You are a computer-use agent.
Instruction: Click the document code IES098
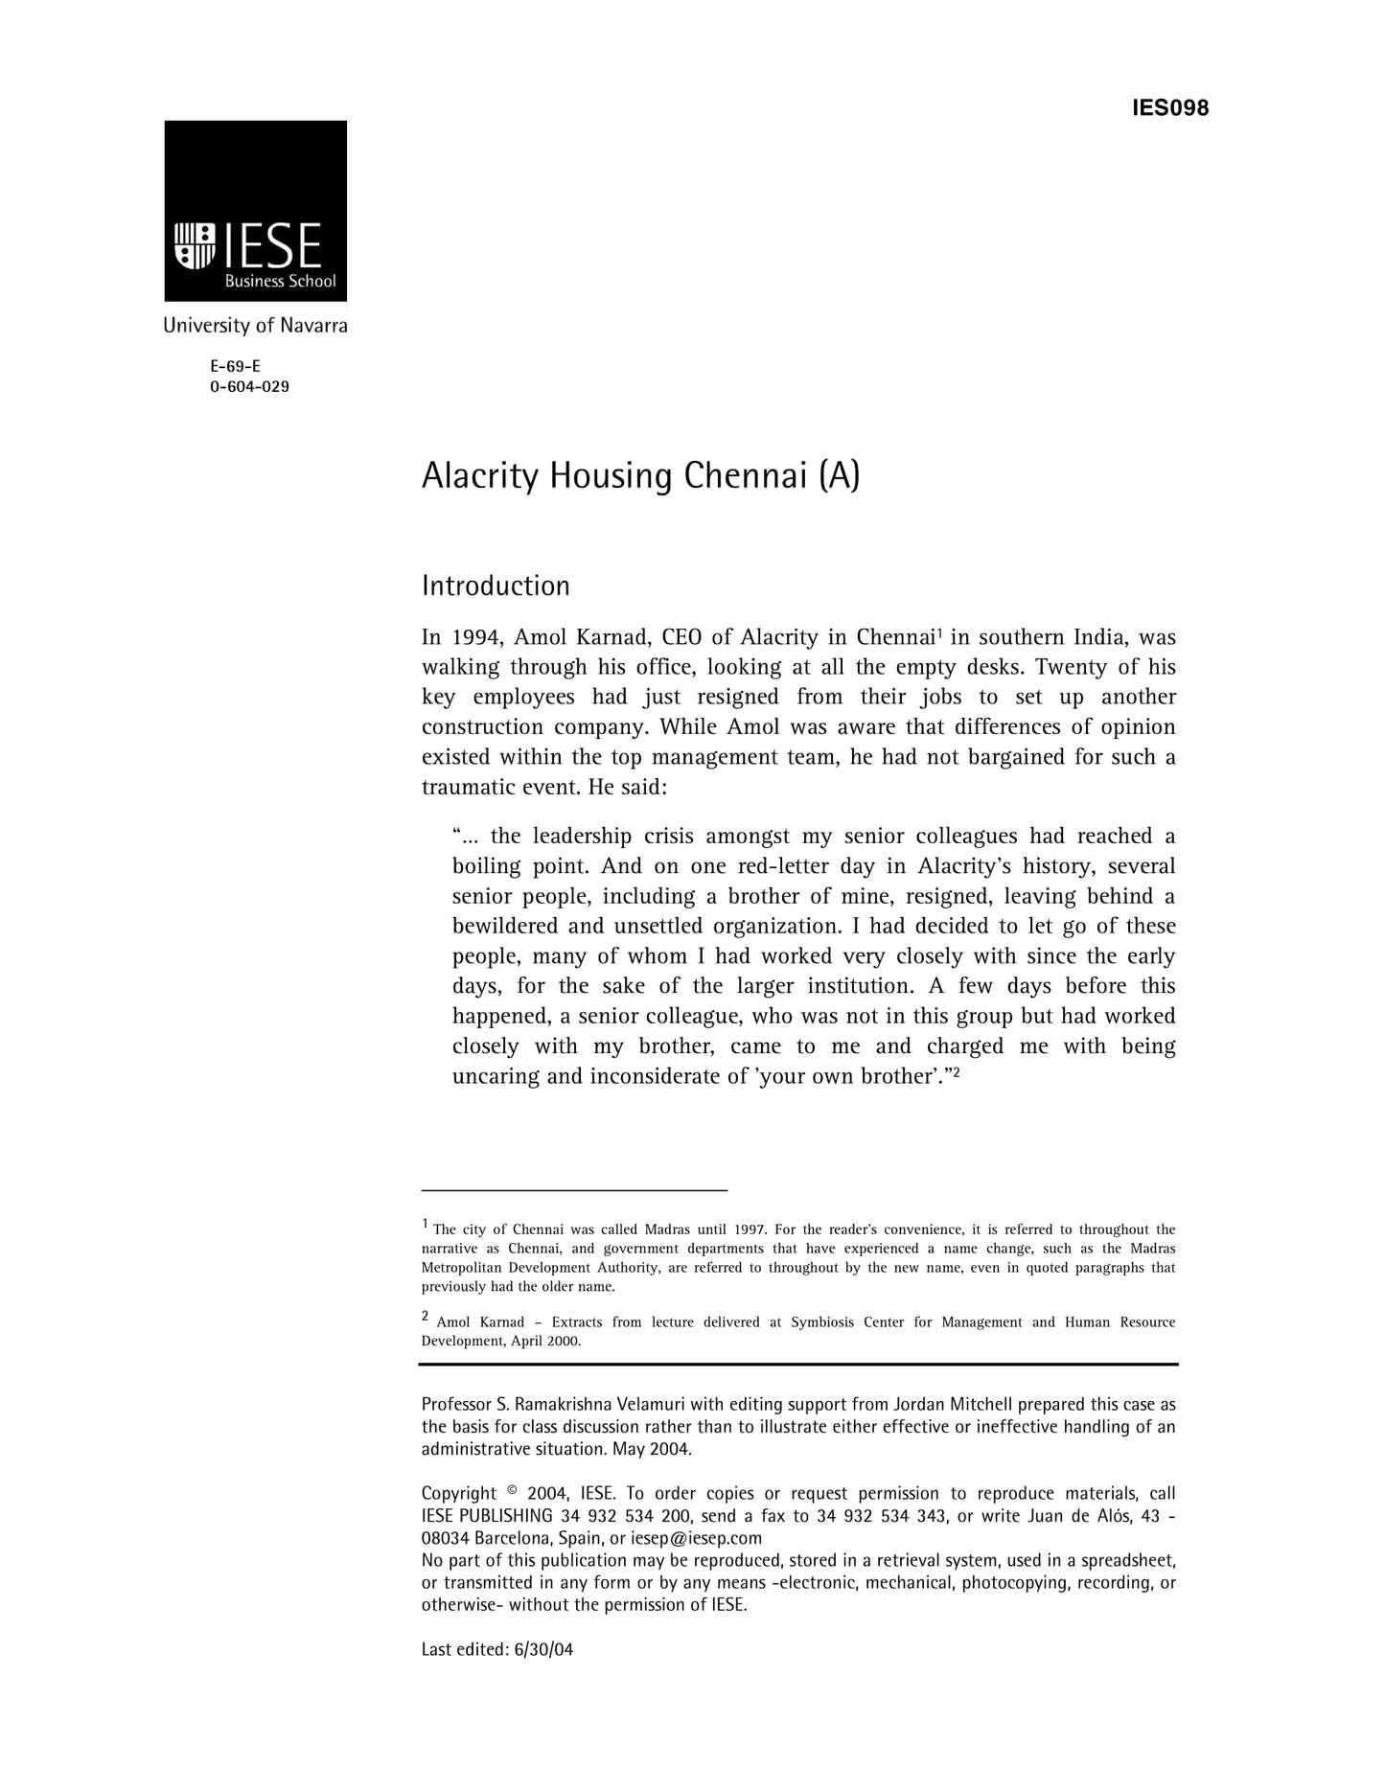coord(1169,108)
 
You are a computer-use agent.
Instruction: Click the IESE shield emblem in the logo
coord(194,245)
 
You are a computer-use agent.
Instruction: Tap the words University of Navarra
coord(255,326)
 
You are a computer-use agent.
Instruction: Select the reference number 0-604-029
coord(249,387)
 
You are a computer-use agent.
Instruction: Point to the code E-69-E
coord(235,366)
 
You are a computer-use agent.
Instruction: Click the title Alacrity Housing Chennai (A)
coord(640,476)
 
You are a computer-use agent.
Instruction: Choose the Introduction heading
coord(496,586)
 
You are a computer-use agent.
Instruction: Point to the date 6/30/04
coord(543,1649)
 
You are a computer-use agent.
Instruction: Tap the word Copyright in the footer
coord(459,1494)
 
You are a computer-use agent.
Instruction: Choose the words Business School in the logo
coord(280,282)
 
